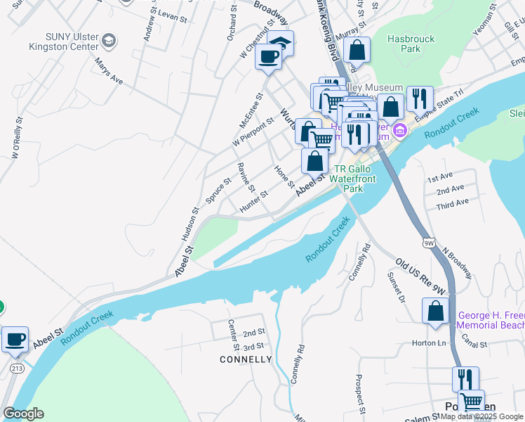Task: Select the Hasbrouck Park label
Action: [x=409, y=44]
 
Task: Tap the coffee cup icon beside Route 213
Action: [x=15, y=339]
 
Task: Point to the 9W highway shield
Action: [x=429, y=243]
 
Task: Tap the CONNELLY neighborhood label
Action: [x=246, y=359]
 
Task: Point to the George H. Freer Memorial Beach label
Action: [x=491, y=320]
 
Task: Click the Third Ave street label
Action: [x=452, y=203]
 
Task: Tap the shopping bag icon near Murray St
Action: [x=357, y=50]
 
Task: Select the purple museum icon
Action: [x=400, y=130]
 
